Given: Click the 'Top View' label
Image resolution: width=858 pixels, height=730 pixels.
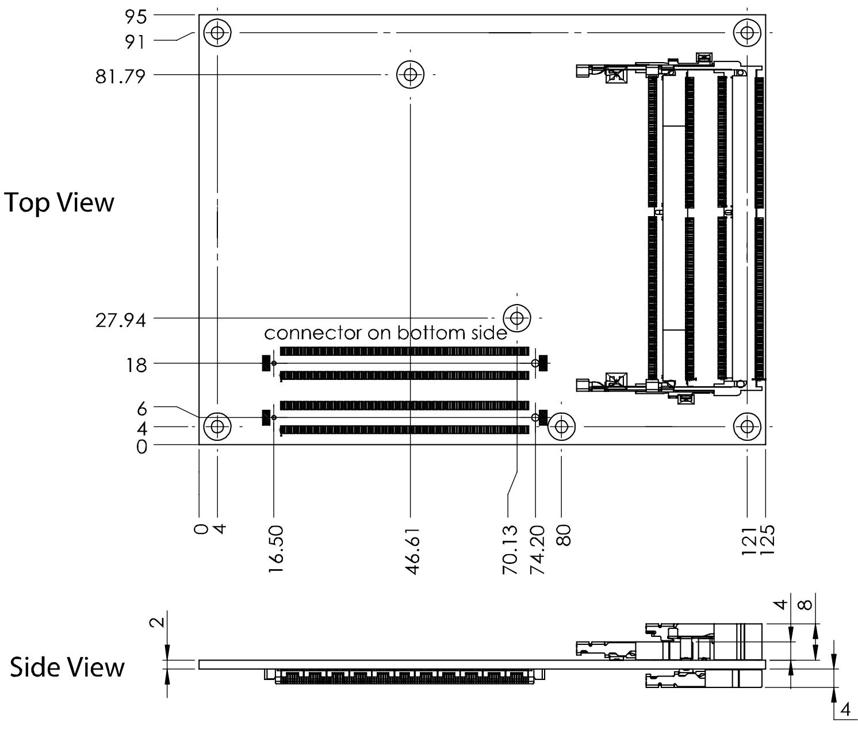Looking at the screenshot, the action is pos(59,202).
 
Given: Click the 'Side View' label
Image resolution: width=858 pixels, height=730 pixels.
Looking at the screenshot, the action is pos(67,667).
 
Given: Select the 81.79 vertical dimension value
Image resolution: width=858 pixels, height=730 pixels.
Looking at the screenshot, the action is pos(120,76).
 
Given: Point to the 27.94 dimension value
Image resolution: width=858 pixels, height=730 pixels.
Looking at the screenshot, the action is pos(120,320).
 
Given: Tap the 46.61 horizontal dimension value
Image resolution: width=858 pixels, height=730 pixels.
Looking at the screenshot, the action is pos(412,551).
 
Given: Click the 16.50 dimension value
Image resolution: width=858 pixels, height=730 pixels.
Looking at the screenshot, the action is pos(275,549).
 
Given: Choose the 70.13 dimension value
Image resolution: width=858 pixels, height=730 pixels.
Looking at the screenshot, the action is pos(510,550).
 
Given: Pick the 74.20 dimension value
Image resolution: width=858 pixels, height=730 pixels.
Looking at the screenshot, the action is pos(537,550).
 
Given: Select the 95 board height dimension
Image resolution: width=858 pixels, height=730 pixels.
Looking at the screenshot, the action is pos(135,17).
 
